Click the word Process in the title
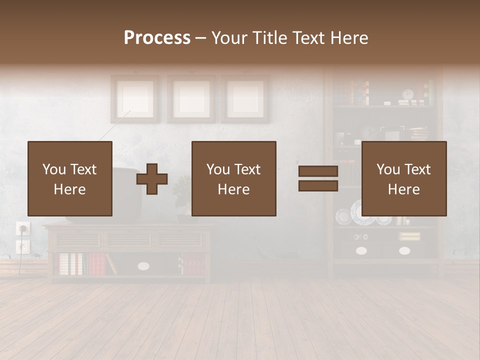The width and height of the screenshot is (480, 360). tap(157, 38)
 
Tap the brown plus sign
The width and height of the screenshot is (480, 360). tap(152, 179)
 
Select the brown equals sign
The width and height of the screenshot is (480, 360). tap(318, 178)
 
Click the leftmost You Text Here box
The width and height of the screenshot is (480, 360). tap(70, 178)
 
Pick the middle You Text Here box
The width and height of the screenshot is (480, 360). tap(234, 178)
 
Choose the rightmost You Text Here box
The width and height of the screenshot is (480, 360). tap(404, 178)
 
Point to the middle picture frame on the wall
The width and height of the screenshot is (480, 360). tap(191, 98)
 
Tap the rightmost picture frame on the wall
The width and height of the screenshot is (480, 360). tap(245, 98)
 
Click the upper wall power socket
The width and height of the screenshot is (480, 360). tap(23, 228)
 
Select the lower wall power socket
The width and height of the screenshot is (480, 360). tap(23, 246)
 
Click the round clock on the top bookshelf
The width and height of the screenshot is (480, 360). tap(408, 94)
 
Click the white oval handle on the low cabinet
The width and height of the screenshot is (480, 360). tap(143, 266)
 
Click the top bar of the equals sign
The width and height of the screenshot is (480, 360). tap(318, 171)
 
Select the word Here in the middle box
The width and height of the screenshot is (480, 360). tap(234, 189)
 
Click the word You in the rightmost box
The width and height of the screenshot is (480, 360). tap(388, 169)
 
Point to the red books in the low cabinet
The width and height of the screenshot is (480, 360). tap(96, 264)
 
